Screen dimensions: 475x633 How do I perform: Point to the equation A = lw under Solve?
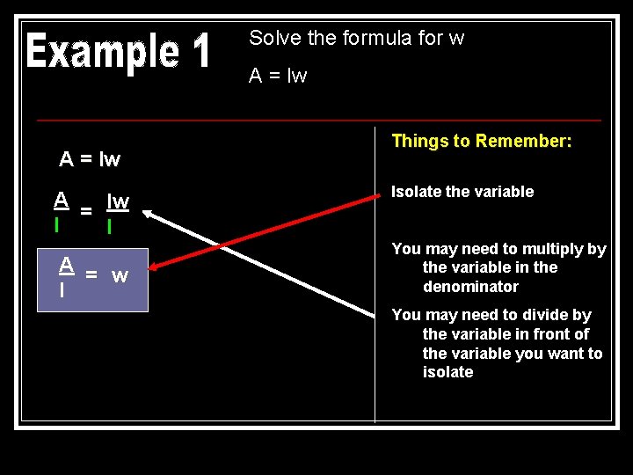[x=278, y=76]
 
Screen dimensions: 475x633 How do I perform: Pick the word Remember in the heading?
[x=525, y=141]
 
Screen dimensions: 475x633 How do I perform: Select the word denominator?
[x=470, y=287]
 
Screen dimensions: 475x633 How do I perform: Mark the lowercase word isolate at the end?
[x=447, y=372]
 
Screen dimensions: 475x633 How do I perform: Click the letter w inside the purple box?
[x=120, y=275]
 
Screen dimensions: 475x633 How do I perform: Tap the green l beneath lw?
[x=109, y=226]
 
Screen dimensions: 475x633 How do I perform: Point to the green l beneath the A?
[x=57, y=224]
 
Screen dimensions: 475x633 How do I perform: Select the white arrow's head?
[x=148, y=212]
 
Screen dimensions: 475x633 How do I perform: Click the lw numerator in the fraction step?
[x=118, y=201]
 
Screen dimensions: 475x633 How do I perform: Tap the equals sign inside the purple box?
[x=91, y=274]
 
